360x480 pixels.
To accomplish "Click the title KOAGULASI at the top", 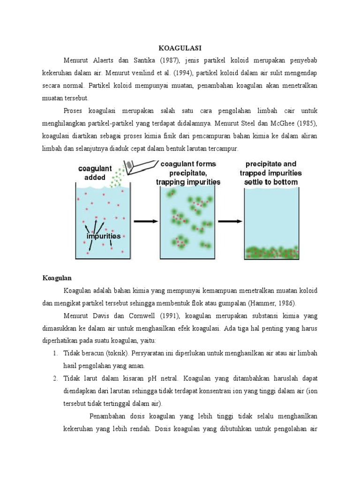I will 180,48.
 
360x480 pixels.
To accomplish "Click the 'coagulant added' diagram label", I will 95,172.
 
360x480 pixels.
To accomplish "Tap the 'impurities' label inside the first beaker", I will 104,236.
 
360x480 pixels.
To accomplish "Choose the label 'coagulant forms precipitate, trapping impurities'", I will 188,172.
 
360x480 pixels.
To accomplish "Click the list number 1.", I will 55,352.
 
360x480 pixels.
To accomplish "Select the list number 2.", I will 55,378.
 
